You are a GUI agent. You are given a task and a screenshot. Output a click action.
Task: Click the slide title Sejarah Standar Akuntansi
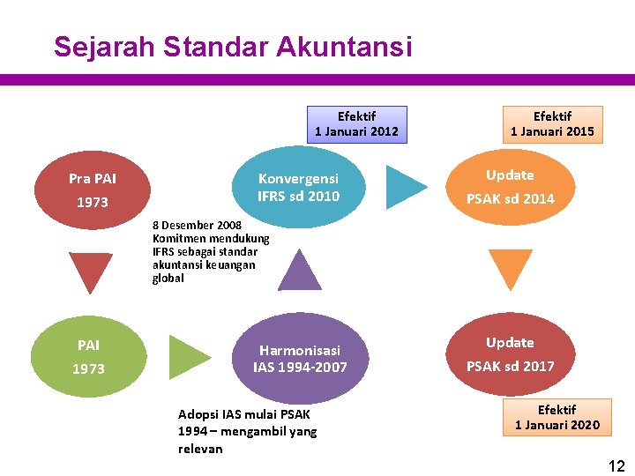[232, 47]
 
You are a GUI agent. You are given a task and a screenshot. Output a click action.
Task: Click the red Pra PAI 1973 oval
[93, 190]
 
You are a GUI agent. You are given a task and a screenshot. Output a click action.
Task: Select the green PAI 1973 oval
[88, 357]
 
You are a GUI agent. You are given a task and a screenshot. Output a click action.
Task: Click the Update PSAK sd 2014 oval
[510, 187]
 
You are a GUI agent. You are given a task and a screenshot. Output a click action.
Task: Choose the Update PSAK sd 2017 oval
[510, 354]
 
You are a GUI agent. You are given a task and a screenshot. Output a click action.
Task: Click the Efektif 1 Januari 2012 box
[356, 124]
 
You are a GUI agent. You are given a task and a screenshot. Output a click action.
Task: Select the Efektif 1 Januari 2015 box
[552, 124]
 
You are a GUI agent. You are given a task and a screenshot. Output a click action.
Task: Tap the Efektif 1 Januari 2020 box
[557, 417]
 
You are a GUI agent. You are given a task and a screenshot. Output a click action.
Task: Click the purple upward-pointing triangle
[300, 270]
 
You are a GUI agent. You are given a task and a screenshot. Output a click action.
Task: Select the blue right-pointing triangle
[407, 187]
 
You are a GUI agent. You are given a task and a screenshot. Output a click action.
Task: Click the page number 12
[616, 466]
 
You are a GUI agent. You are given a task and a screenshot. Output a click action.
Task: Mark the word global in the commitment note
[168, 279]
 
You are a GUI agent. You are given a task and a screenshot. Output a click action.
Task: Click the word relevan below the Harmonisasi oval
[200, 449]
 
